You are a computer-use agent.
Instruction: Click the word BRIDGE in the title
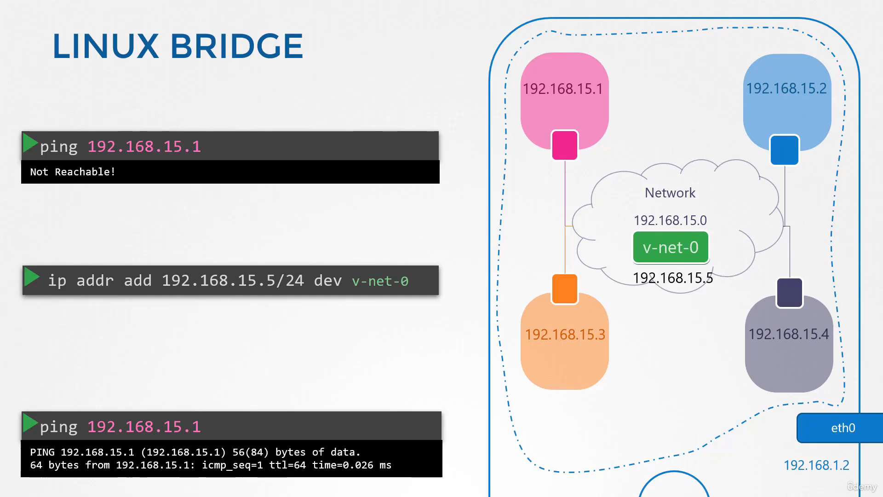[x=236, y=46]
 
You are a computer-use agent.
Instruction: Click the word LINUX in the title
[x=106, y=46]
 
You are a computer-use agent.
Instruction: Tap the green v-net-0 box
[x=671, y=247]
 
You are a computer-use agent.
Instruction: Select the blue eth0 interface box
[x=840, y=428]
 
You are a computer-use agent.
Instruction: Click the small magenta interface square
[x=565, y=145]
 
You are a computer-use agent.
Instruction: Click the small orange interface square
[x=565, y=289]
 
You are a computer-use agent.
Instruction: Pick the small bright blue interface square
[x=785, y=150]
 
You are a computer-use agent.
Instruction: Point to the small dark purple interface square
[x=790, y=293]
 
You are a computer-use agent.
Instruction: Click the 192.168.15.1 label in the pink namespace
[x=563, y=89]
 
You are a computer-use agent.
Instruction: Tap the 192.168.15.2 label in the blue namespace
[x=786, y=88]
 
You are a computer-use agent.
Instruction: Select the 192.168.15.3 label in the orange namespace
[x=565, y=335]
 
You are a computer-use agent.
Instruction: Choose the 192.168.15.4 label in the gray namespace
[x=789, y=334]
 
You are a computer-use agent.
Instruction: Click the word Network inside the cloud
[x=670, y=193]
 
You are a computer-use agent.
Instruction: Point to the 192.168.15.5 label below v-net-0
[x=673, y=278]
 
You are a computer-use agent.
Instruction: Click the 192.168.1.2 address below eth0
[x=816, y=465]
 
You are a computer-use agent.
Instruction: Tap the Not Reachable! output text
[x=73, y=172]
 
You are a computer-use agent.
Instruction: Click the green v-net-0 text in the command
[x=380, y=281]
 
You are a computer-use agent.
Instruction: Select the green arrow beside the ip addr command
[x=32, y=277]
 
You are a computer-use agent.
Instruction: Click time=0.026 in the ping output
[x=343, y=465]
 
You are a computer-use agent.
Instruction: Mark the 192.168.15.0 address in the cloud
[x=670, y=220]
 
